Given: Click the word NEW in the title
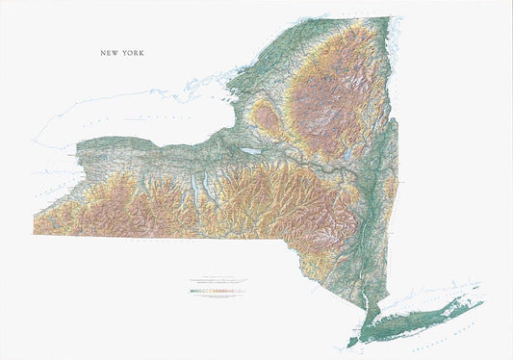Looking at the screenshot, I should coord(108,54).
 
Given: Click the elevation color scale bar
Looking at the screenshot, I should coord(218,289).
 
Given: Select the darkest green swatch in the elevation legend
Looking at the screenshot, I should coord(194,289).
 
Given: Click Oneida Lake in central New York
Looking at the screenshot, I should coord(252,151).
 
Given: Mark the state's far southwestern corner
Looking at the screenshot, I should coord(35,233).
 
